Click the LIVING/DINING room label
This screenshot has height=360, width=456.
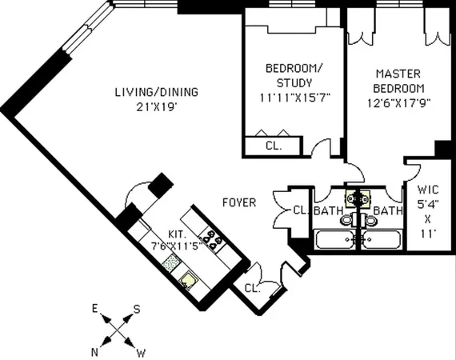(x=155, y=92)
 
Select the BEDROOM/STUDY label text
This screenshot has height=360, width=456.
(x=294, y=74)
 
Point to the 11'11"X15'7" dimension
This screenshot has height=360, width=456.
(x=294, y=98)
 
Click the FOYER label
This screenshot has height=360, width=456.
(x=239, y=203)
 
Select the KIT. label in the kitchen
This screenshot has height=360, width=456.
(x=178, y=234)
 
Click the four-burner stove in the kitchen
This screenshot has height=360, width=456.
(x=214, y=238)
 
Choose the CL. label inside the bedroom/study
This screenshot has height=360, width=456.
(x=273, y=146)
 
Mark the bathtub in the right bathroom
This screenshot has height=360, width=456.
(x=383, y=239)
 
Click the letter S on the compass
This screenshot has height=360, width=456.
(x=137, y=308)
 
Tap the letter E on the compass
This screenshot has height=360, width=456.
(x=94, y=308)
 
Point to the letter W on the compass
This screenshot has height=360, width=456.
(x=142, y=351)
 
